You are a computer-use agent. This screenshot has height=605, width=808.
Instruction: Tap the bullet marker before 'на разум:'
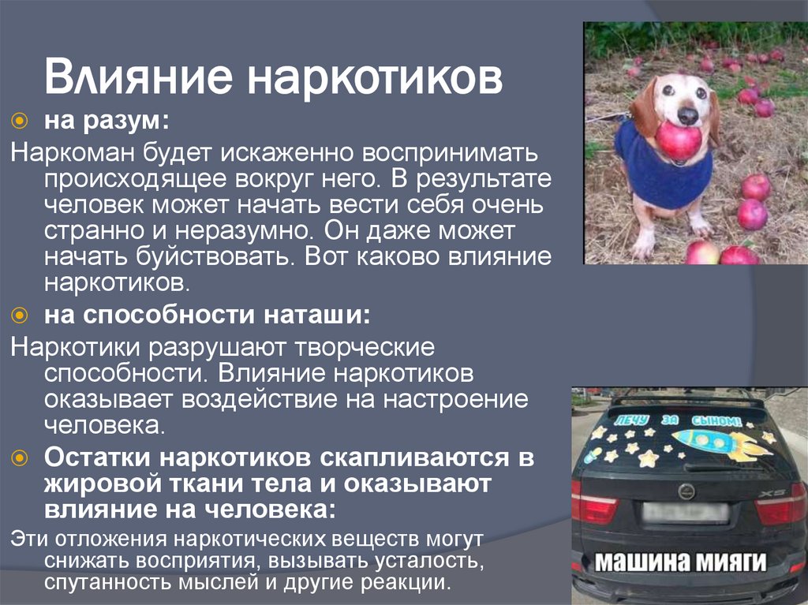[21, 120]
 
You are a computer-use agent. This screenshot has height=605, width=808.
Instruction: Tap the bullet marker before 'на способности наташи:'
[21, 316]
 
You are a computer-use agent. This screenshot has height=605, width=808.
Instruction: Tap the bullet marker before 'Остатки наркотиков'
[21, 457]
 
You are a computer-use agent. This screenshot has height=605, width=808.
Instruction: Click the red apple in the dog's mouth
[678, 140]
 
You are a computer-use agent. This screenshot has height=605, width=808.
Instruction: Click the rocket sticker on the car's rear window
[719, 443]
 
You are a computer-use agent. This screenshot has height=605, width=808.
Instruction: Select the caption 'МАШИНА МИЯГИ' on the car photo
[681, 563]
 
